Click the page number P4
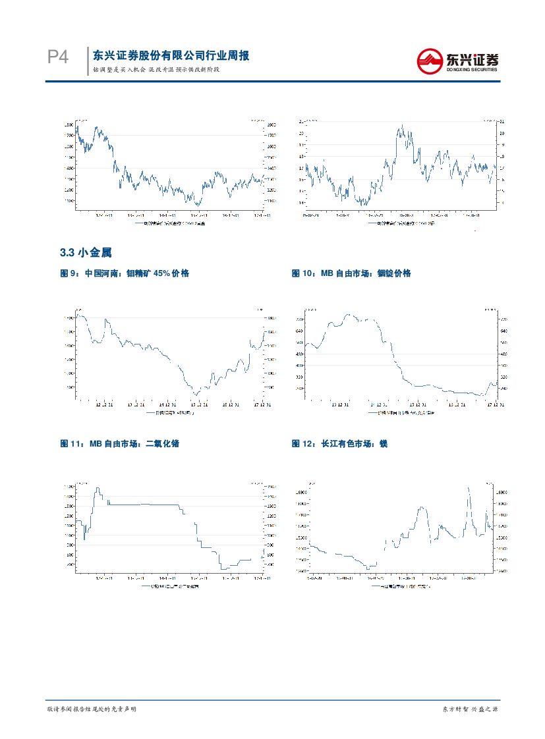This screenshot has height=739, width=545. (x=58, y=58)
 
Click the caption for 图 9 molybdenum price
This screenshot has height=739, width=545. (x=125, y=273)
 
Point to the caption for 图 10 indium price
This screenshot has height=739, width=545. (x=351, y=273)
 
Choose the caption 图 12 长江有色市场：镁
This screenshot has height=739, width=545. (x=339, y=444)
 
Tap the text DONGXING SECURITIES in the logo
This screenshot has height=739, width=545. (x=472, y=68)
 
